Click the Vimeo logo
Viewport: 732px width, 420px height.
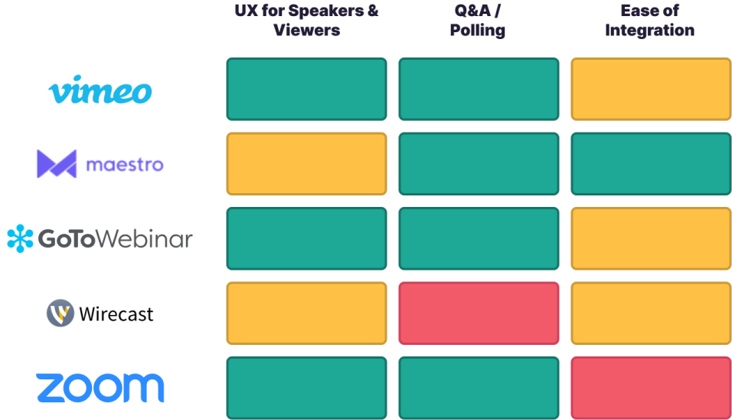(100, 91)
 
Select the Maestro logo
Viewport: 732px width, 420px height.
(100, 164)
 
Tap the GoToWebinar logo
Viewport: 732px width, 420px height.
(100, 238)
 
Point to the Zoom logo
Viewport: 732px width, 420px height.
(100, 387)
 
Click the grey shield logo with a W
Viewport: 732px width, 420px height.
(60, 313)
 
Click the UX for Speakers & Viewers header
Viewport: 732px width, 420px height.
(306, 21)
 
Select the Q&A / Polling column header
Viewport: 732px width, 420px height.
(479, 21)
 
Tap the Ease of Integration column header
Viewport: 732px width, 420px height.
(650, 21)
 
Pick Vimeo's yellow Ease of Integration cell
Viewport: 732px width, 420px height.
(650, 89)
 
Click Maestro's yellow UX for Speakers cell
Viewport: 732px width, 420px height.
(306, 163)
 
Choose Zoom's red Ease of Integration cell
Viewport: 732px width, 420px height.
(650, 387)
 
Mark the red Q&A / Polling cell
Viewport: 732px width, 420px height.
(479, 313)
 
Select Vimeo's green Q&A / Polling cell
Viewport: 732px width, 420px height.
(479, 89)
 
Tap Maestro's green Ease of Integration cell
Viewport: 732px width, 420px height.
(650, 163)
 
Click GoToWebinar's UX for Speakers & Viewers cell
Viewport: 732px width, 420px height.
(306, 238)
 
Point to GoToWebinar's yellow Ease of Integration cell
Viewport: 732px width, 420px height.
(650, 238)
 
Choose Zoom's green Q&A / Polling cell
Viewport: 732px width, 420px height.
(479, 387)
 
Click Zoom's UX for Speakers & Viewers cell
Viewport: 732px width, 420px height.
(306, 387)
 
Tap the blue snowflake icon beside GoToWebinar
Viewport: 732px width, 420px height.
(20, 238)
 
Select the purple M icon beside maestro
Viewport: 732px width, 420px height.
(57, 164)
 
